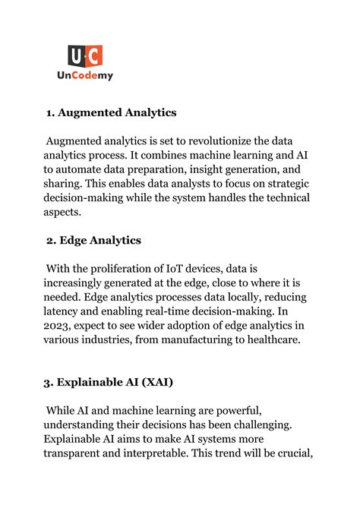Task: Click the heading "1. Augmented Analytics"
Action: tap(111, 113)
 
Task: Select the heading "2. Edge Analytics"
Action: tap(93, 241)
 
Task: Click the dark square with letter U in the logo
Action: tap(76, 55)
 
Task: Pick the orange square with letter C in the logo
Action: tap(94, 55)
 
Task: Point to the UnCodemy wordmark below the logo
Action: tap(85, 76)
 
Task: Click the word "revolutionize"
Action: tap(216, 141)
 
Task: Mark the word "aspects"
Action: tap(65, 213)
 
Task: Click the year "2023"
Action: tap(62, 327)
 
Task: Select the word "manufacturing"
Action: tap(218, 340)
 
